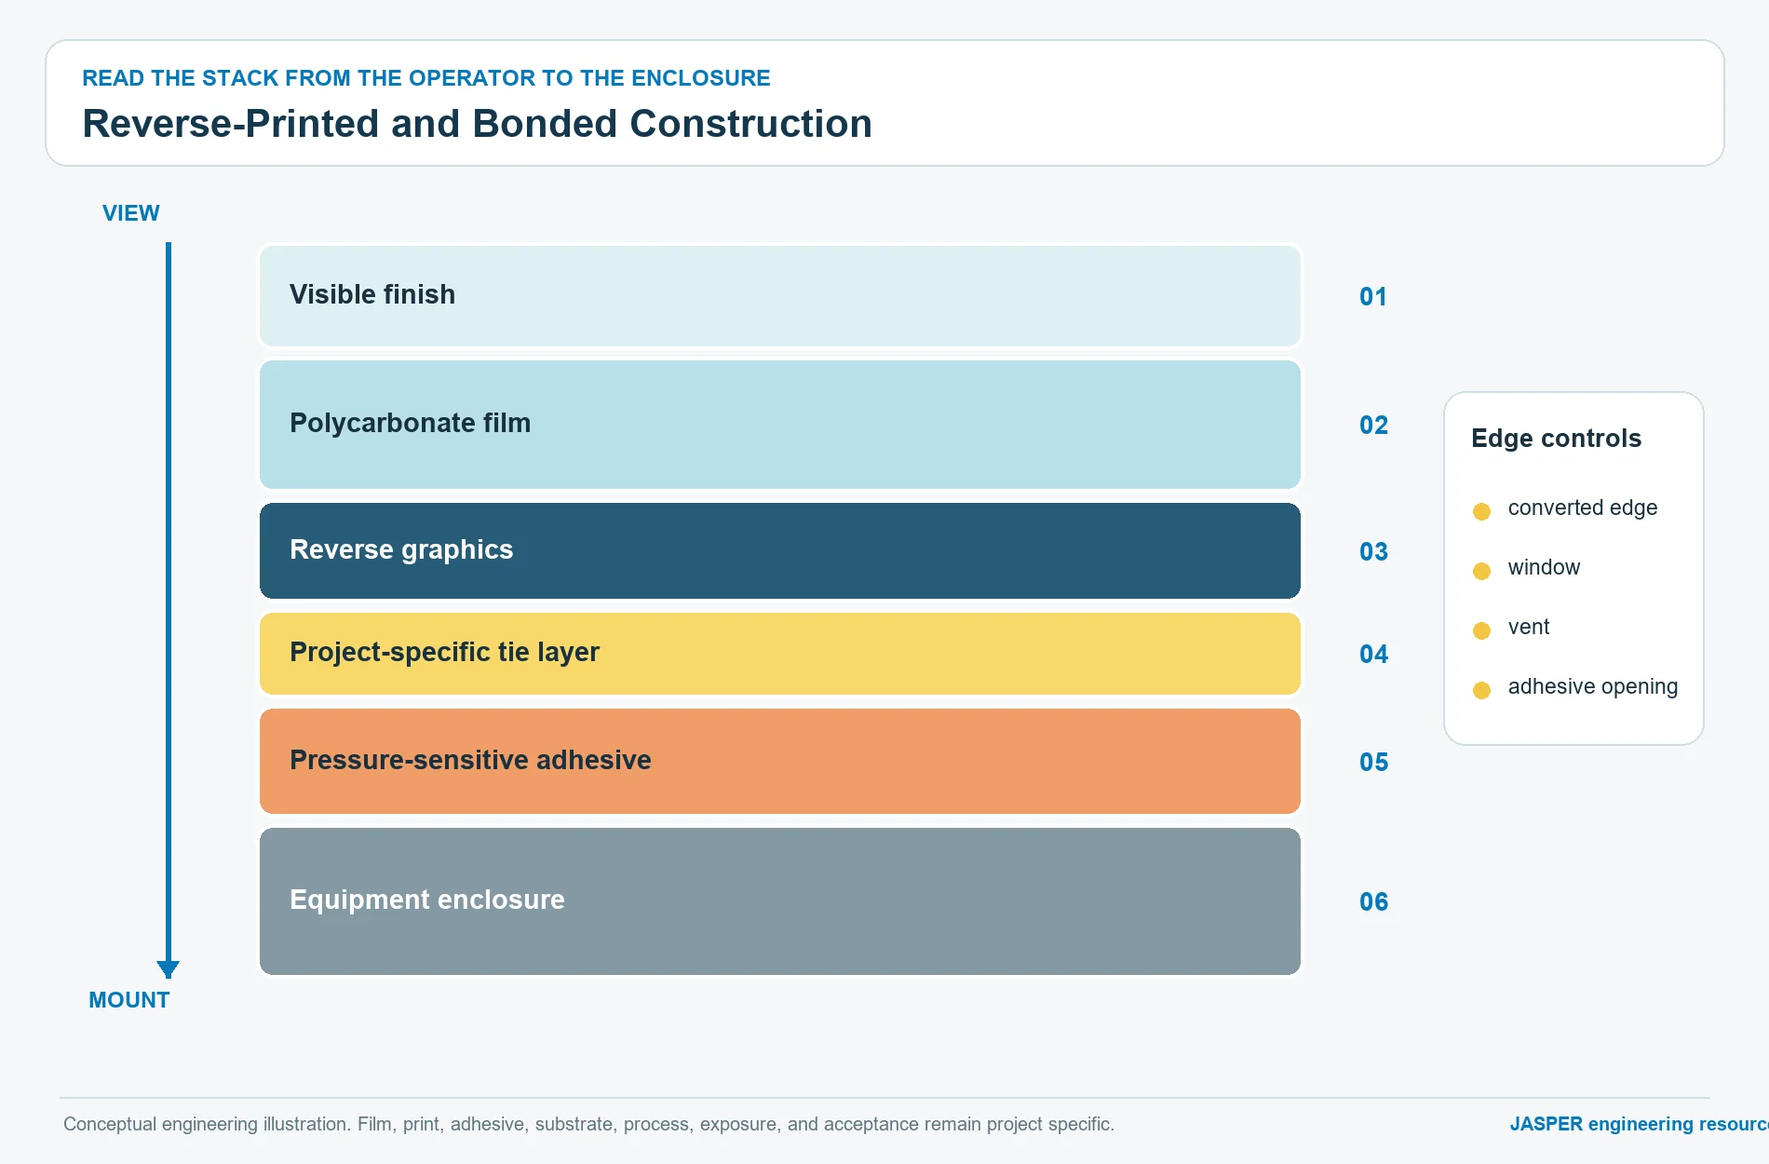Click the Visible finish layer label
tap(372, 294)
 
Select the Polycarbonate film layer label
tap(410, 423)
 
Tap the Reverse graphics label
tap(401, 549)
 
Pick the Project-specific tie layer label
tap(444, 652)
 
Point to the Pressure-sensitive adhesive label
tap(470, 760)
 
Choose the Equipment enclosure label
tap(427, 900)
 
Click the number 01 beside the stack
tap(1373, 297)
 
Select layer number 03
tap(1373, 552)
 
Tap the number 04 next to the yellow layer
tap(1373, 655)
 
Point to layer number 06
tap(1373, 902)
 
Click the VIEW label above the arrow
tap(131, 213)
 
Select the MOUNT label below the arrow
tap(129, 1000)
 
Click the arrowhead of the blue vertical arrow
tap(169, 969)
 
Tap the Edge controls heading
tap(1556, 439)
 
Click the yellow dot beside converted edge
tap(1481, 511)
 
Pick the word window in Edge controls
tap(1544, 567)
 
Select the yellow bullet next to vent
tap(1481, 630)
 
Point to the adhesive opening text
tap(1592, 687)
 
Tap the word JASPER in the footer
tap(1546, 1124)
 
